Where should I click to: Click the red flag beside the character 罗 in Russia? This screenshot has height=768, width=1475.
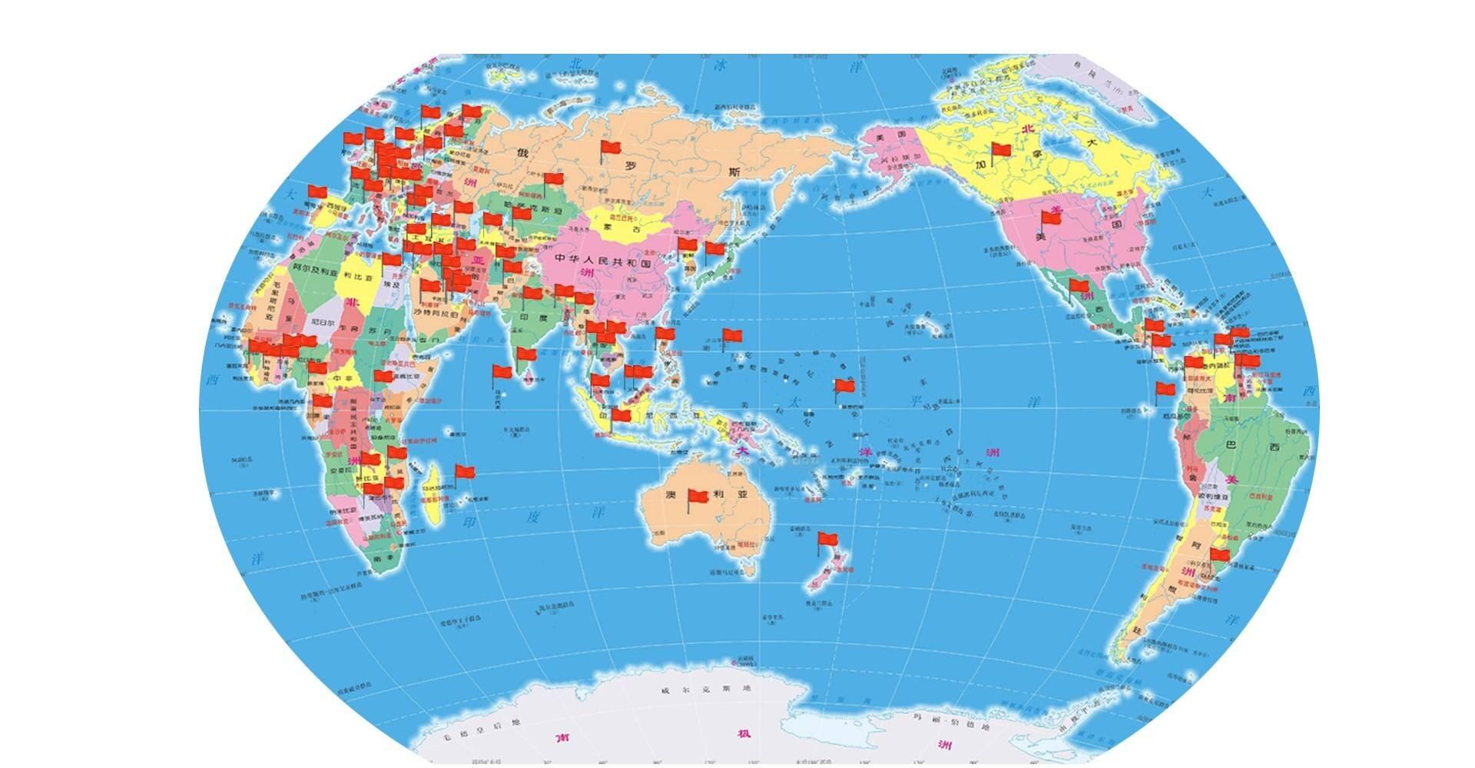tap(611, 147)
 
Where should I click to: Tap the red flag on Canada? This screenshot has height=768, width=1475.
tap(1001, 150)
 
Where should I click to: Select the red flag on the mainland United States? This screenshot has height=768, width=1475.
tap(1051, 218)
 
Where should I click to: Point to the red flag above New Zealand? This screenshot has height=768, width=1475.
tap(827, 539)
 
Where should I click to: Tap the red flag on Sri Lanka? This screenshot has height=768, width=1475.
tap(526, 355)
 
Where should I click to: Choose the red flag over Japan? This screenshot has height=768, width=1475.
tap(715, 249)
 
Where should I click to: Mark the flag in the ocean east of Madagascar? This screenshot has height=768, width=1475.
tap(465, 472)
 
